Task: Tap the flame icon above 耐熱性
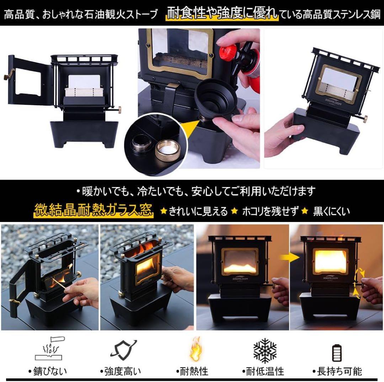click(x=194, y=351)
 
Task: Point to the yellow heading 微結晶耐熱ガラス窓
click(x=94, y=210)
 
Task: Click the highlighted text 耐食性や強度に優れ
click(x=222, y=14)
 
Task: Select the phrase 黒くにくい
click(x=331, y=211)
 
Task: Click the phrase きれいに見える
click(x=198, y=211)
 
